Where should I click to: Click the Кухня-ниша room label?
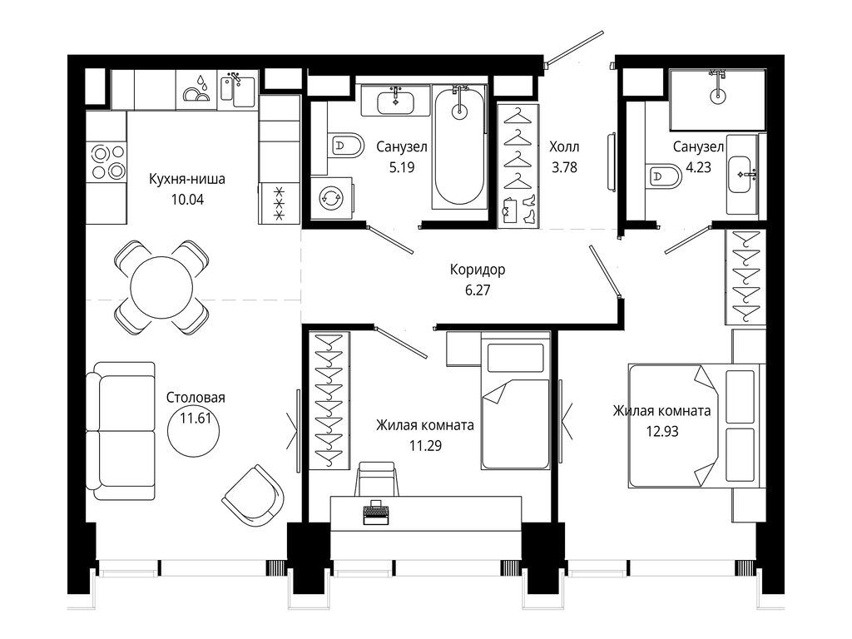click(187, 179)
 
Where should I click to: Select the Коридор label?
click(478, 270)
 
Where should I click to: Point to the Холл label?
click(564, 146)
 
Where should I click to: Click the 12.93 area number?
click(661, 432)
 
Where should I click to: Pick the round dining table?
click(162, 287)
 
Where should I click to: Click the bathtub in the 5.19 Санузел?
click(459, 146)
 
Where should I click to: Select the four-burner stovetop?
click(108, 161)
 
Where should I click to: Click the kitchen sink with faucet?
click(237, 91)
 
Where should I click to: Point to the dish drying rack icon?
click(196, 90)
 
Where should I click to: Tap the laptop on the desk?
click(376, 512)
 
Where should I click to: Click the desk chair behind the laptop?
click(375, 478)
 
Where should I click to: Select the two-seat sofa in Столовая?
click(121, 430)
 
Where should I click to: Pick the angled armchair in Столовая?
click(253, 496)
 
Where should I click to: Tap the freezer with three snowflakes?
click(280, 203)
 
